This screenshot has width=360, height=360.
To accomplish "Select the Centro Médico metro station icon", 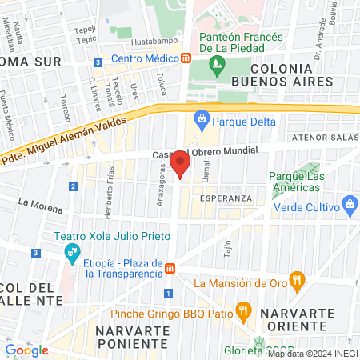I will pos(186,58).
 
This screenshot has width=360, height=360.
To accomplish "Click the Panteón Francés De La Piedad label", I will pos(241,42).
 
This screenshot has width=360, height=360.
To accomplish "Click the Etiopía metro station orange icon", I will pos(170,266).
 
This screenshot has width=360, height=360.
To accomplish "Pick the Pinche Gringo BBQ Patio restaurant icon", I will pos(245,308).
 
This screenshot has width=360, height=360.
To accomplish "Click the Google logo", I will pos(27,350).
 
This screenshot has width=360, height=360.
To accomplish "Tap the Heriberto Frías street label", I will pos(110,192).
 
